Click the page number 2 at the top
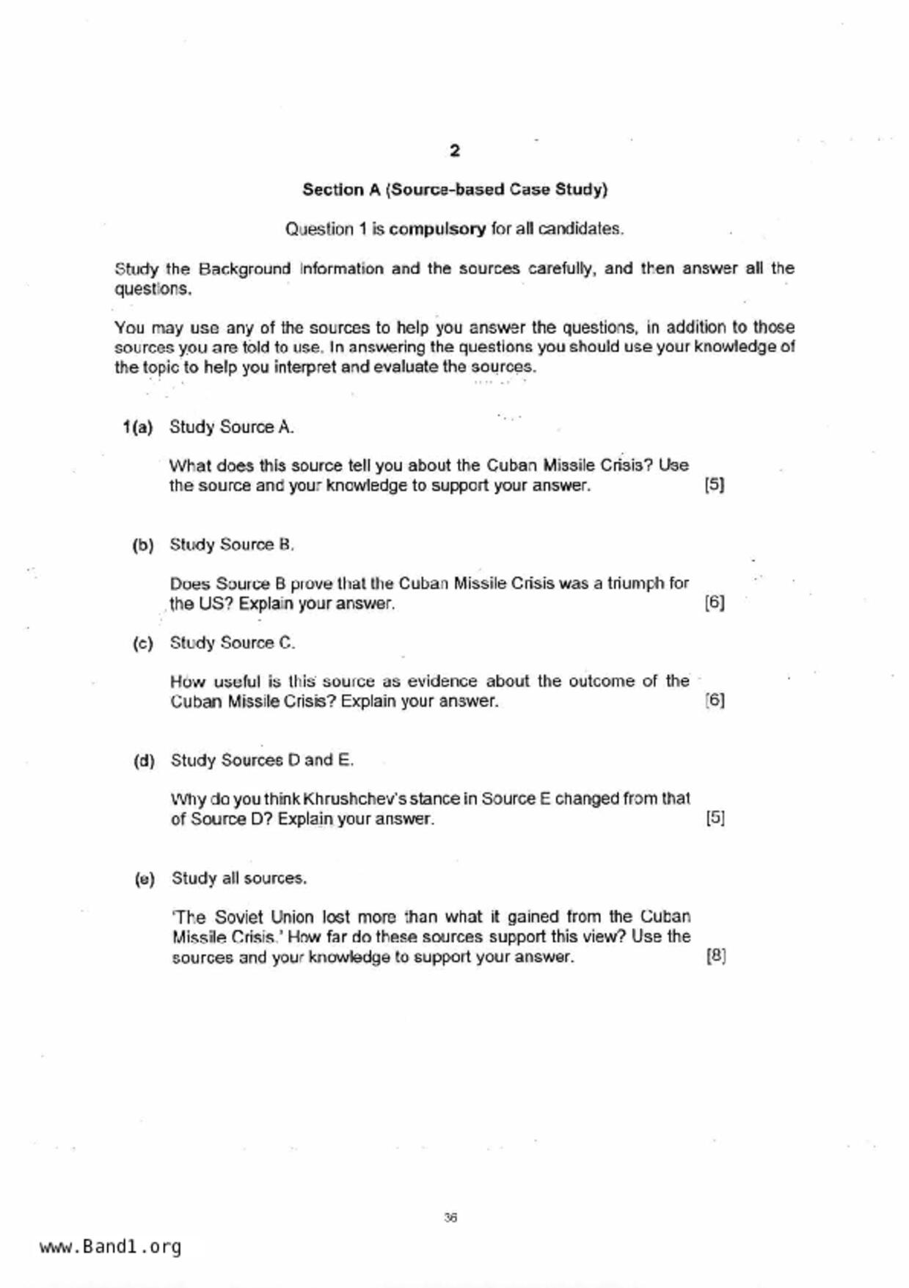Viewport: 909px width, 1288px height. tap(455, 151)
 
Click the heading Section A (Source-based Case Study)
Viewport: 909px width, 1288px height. tap(455, 189)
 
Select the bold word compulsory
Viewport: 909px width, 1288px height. tap(437, 229)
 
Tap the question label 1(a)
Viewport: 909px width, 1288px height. tap(138, 427)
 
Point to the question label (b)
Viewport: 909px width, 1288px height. tap(143, 546)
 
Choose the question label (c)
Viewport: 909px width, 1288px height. tap(143, 644)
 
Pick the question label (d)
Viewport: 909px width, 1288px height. tap(144, 761)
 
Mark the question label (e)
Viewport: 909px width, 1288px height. tap(145, 879)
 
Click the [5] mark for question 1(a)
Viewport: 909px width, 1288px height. tap(714, 485)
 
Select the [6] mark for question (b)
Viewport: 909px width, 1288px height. tap(715, 603)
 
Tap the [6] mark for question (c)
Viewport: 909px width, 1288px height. tap(715, 701)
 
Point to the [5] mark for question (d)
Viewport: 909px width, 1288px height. tap(715, 818)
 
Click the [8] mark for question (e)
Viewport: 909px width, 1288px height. tap(716, 956)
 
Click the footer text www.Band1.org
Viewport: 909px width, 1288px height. tap(110, 1247)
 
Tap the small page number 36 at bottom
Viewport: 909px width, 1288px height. tap(450, 1218)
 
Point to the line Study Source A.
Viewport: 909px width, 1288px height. tap(232, 427)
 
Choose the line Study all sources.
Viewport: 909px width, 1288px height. tap(239, 878)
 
